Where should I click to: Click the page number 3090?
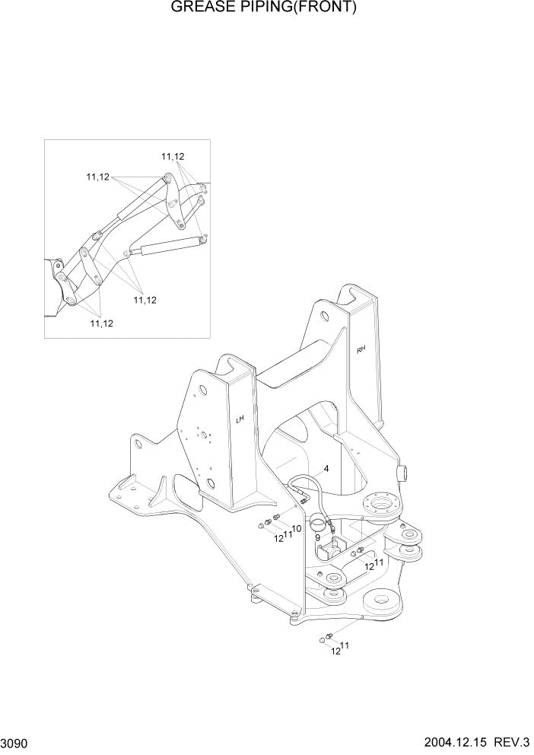(16, 741)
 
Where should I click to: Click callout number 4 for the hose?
(326, 469)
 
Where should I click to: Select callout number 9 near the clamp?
(317, 537)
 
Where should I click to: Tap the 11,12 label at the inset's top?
(173, 157)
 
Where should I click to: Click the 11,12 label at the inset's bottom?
(102, 323)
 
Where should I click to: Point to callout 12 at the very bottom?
(335, 651)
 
